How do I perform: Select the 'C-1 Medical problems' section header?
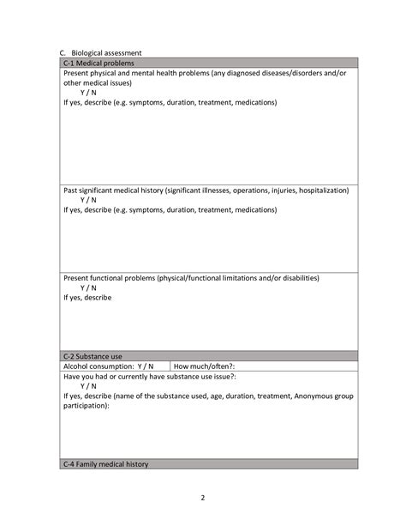click(98, 63)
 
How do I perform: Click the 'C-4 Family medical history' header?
click(105, 464)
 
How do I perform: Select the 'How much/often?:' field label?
click(204, 366)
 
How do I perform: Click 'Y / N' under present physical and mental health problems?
click(88, 93)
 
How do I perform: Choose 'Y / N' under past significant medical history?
click(88, 199)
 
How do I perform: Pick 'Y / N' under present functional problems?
click(88, 288)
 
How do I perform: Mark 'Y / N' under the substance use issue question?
click(88, 386)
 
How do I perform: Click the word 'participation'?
click(86, 406)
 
